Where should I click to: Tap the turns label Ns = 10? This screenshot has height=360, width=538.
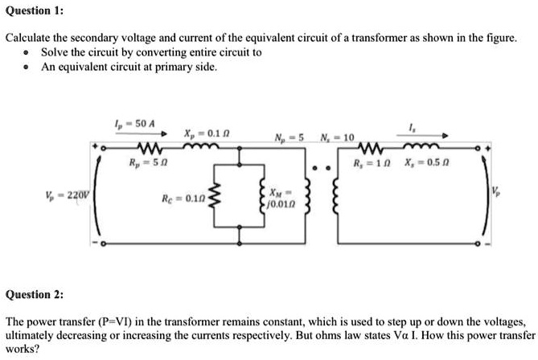pyautogui.click(x=333, y=136)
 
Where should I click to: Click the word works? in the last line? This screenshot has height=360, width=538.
pyautogui.click(x=22, y=350)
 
